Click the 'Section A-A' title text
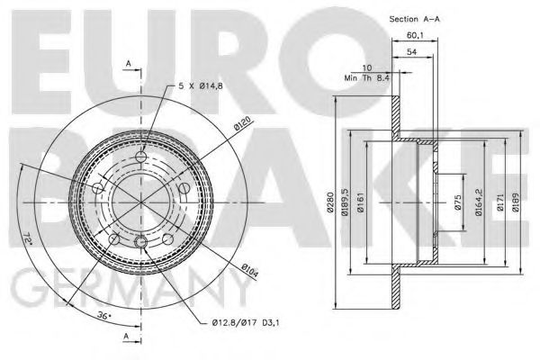point(391,19)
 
